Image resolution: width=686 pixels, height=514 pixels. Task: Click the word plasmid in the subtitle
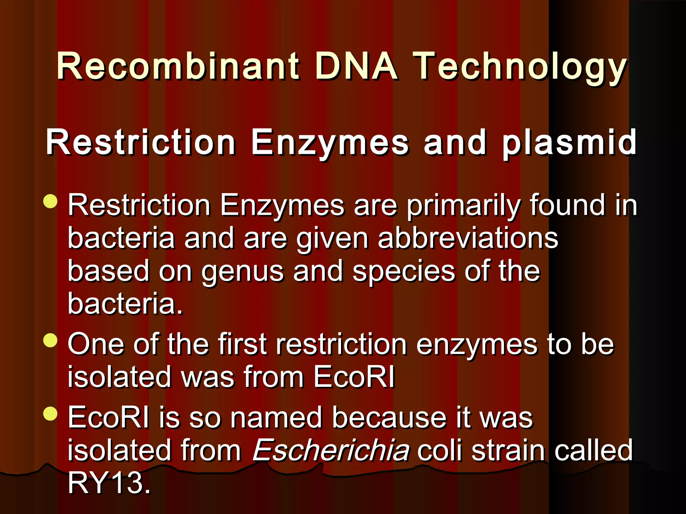(x=569, y=143)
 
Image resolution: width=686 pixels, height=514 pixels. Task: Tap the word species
(x=404, y=272)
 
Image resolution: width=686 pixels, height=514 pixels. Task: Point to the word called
(x=593, y=450)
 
